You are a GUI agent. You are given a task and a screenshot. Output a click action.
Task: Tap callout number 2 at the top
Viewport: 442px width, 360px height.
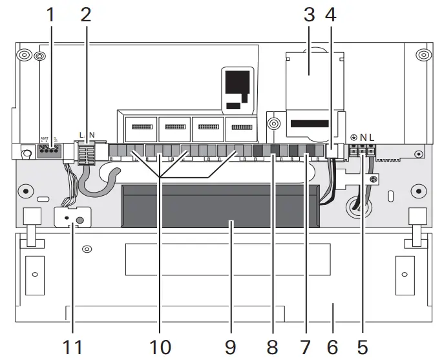click(86, 14)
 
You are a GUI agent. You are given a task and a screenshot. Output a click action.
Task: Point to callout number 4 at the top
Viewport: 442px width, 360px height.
click(331, 14)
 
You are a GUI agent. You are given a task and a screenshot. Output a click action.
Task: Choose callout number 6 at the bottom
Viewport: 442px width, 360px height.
click(332, 346)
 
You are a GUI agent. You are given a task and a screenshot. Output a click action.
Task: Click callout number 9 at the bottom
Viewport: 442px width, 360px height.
click(231, 346)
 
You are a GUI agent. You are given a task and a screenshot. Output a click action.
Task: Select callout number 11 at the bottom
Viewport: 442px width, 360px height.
click(74, 346)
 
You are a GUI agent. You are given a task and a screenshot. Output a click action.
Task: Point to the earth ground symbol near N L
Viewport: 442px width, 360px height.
click(353, 138)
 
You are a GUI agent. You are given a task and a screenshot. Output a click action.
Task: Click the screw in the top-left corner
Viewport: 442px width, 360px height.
click(24, 54)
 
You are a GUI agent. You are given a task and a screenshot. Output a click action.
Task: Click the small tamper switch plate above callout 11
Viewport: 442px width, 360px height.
click(72, 218)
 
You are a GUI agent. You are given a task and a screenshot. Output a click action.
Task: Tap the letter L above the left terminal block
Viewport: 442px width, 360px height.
click(81, 135)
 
